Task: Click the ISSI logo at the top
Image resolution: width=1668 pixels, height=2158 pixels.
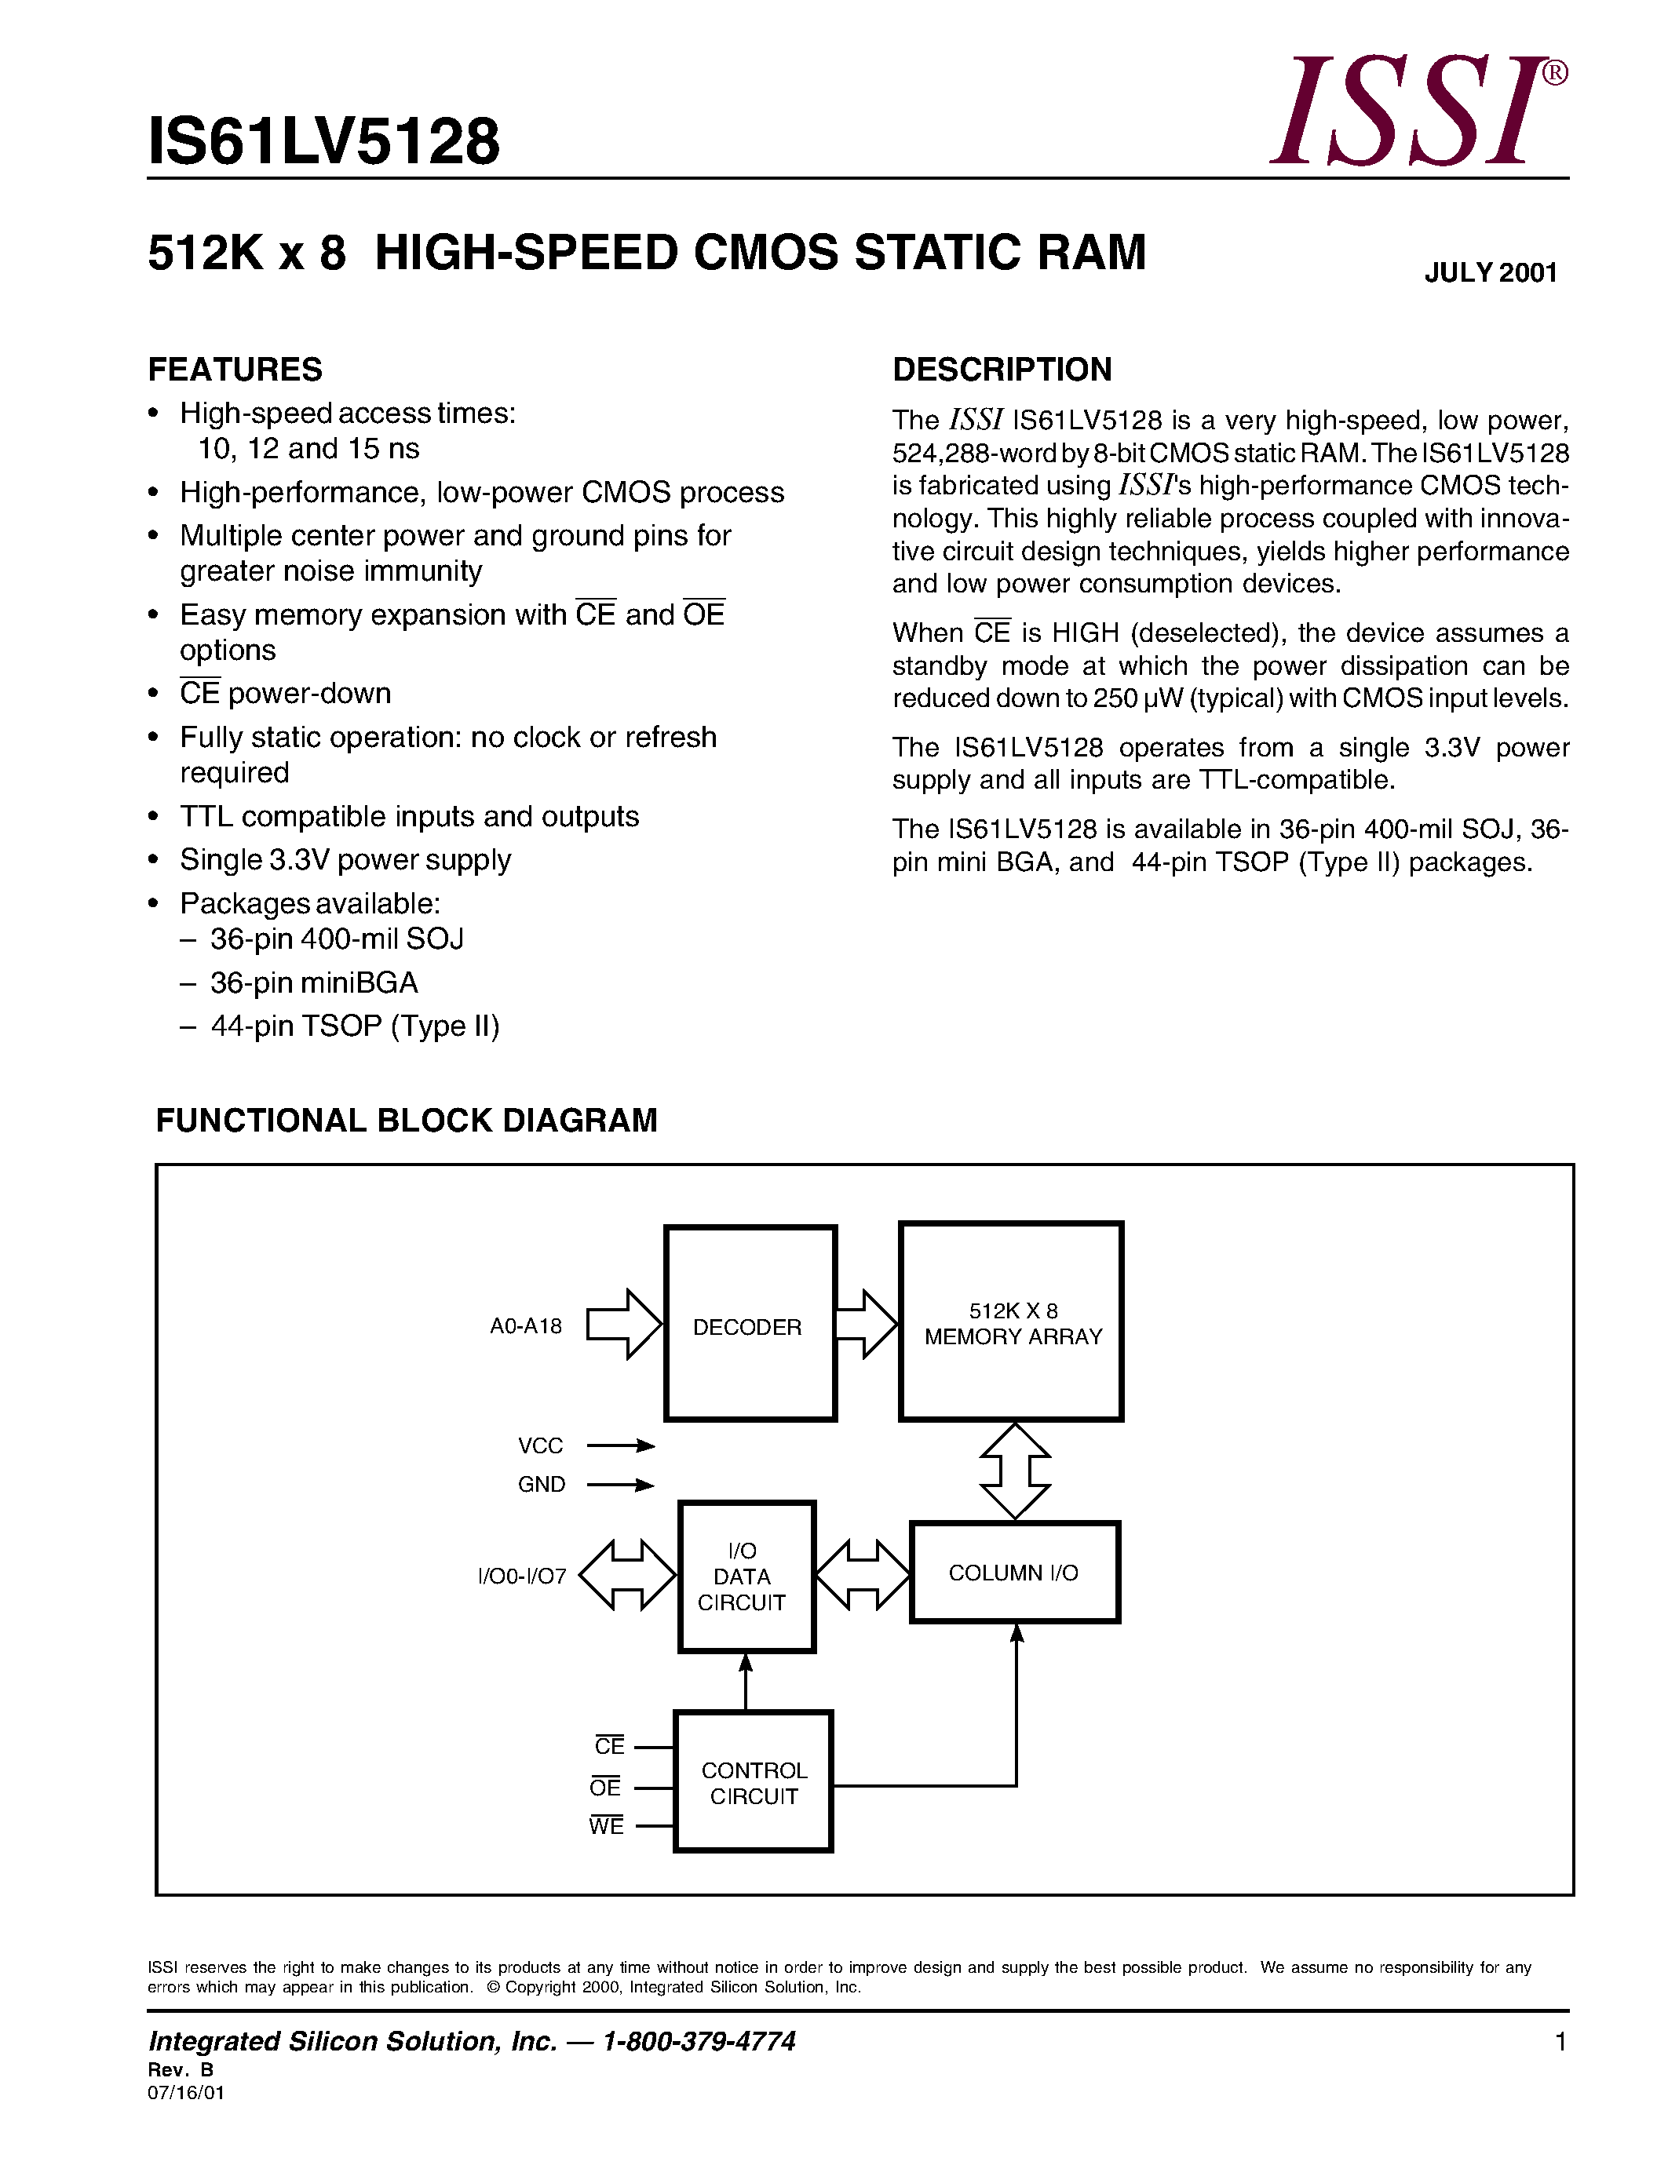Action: [x=1413, y=111]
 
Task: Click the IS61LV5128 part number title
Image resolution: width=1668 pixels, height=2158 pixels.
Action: [x=323, y=141]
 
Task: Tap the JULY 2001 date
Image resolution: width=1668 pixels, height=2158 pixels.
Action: [x=1490, y=273]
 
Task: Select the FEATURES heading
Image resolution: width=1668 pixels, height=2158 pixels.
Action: [x=235, y=369]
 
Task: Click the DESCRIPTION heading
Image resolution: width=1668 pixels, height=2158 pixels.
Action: [x=1002, y=369]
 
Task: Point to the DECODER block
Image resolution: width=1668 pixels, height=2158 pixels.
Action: [x=749, y=1324]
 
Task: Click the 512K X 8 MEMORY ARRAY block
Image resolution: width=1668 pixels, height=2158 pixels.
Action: [x=1011, y=1322]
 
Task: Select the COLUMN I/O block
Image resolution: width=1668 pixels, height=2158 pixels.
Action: [x=1014, y=1572]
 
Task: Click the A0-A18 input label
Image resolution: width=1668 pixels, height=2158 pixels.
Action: [x=526, y=1326]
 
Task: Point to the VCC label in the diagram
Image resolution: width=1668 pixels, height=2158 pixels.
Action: [x=541, y=1445]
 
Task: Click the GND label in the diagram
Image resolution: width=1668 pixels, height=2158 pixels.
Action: [x=542, y=1484]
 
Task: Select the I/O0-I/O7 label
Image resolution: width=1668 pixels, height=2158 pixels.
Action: [x=522, y=1576]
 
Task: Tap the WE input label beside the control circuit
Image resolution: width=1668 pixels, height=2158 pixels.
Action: [x=607, y=1826]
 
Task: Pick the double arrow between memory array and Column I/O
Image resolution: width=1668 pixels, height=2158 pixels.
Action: [x=1015, y=1471]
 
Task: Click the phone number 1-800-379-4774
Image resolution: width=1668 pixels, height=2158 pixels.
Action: [x=699, y=2041]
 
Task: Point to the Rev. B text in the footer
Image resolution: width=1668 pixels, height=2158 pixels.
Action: [x=181, y=2070]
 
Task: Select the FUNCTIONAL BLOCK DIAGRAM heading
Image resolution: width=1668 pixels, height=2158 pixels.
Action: [x=406, y=1121]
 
